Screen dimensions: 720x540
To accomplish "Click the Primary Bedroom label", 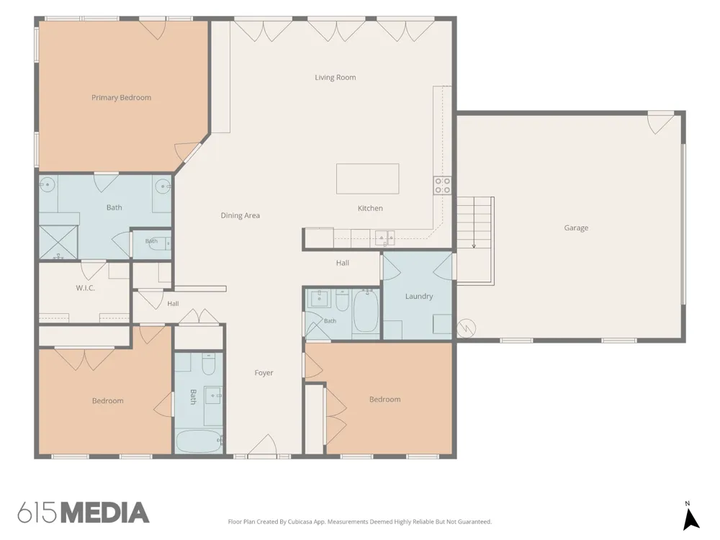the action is pyautogui.click(x=121, y=97).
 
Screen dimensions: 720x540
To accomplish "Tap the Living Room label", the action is pyautogui.click(x=336, y=77).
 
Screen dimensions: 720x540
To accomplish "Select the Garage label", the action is pyautogui.click(x=576, y=228).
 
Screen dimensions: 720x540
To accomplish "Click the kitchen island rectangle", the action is pyautogui.click(x=367, y=179).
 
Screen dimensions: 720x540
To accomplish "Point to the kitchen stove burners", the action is pyautogui.click(x=443, y=186).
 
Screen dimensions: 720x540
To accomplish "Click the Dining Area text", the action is pyautogui.click(x=240, y=215).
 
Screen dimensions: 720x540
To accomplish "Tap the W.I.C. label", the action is pyautogui.click(x=86, y=288).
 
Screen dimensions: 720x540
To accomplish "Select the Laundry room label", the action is pyautogui.click(x=419, y=296).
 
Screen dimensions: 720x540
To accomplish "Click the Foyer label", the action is pyautogui.click(x=264, y=373).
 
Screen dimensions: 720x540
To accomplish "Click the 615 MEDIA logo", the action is pyautogui.click(x=83, y=513).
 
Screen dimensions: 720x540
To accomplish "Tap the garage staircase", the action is pyautogui.click(x=474, y=240).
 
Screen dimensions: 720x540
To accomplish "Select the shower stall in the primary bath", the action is pyautogui.click(x=58, y=242).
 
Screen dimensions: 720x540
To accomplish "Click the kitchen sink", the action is pyautogui.click(x=384, y=238).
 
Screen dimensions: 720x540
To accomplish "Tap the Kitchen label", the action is pyautogui.click(x=370, y=208).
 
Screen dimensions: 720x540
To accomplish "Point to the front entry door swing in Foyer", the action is pyautogui.click(x=262, y=446).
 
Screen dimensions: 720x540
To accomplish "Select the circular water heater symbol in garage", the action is pyautogui.click(x=467, y=328).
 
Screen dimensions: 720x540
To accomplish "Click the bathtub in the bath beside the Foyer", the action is pyautogui.click(x=199, y=441).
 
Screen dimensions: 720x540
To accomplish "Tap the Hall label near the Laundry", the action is pyautogui.click(x=343, y=263).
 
